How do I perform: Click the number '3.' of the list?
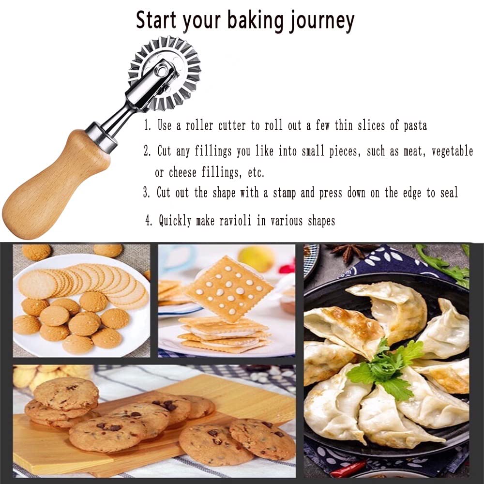(x=147, y=193)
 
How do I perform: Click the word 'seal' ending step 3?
(x=448, y=193)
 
